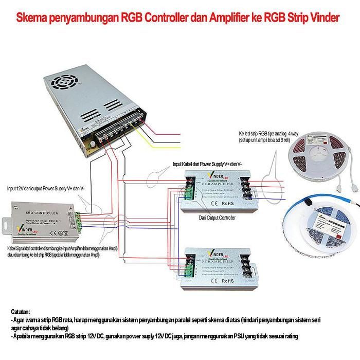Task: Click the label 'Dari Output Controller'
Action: [217, 218]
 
